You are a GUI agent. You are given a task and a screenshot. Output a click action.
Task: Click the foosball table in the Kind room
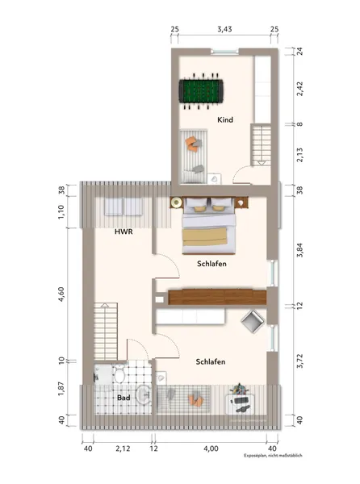coord(201,91)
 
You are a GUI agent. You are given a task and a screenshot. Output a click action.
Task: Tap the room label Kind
coord(225,119)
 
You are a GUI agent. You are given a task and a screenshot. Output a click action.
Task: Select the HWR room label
coord(123,232)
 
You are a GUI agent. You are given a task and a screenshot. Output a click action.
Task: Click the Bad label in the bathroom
coord(123,398)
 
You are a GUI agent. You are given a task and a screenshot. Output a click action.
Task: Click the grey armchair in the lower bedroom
coord(253,322)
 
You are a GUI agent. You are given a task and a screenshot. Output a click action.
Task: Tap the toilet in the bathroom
coord(119,373)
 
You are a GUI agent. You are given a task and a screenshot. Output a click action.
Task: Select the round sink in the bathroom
coord(143,394)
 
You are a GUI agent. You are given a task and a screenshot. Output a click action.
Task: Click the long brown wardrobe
coord(217,297)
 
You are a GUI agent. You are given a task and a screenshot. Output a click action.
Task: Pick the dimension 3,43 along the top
coord(224,29)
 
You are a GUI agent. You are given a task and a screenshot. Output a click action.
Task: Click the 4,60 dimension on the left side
coord(61,294)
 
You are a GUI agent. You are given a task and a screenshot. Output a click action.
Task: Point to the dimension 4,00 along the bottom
coord(211,449)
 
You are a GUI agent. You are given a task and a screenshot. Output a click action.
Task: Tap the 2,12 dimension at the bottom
coord(123,449)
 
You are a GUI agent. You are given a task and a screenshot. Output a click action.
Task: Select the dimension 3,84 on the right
coord(299,250)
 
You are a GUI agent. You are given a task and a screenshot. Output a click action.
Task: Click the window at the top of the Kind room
coord(224,52)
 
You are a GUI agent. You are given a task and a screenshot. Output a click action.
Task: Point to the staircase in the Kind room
coord(262,144)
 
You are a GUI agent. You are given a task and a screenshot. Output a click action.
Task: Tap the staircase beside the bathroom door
coord(105,332)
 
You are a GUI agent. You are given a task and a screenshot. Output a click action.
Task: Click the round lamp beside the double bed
coord(177,202)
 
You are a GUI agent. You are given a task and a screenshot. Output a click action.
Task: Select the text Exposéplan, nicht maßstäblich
coord(274,456)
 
